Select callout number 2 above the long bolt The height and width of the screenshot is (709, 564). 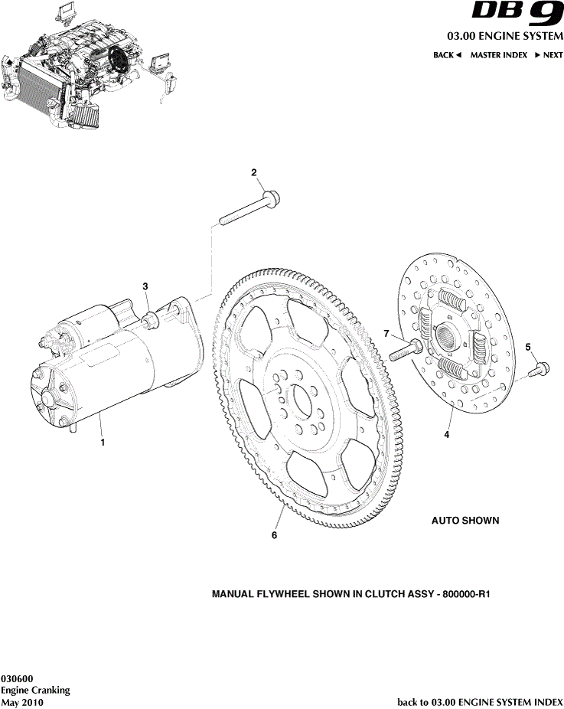point(254,173)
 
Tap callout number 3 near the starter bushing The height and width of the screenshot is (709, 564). point(145,286)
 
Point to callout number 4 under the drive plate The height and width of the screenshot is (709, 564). point(447,435)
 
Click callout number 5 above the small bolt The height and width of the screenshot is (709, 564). point(528,348)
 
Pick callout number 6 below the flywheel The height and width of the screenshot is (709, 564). point(274,535)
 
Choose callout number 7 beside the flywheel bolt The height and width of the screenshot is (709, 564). point(387,333)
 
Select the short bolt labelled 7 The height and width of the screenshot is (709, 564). point(406,351)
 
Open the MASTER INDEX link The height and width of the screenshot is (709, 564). point(498,55)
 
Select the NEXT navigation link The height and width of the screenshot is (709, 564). point(548,55)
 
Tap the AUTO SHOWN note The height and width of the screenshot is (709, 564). point(465,521)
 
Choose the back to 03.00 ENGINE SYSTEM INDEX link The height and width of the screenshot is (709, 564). point(480,701)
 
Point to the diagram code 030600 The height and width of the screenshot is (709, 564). point(17,678)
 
